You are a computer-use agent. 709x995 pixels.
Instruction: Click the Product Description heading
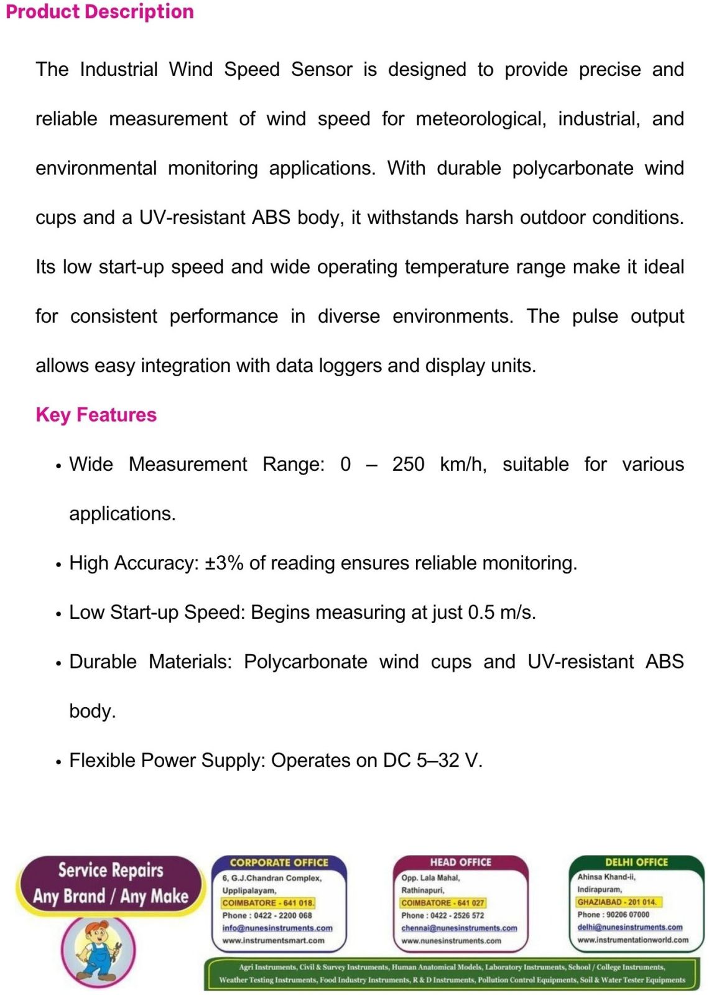(x=100, y=12)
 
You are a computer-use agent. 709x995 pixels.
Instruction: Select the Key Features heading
(x=96, y=415)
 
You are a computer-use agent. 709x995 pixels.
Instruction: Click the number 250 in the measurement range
(x=408, y=465)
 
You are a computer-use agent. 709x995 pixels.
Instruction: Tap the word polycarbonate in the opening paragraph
(x=572, y=169)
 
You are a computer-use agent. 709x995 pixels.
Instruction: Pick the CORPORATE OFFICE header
(x=279, y=863)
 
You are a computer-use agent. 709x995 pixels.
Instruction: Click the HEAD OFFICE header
(x=460, y=862)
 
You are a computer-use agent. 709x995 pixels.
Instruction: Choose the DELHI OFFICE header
(x=636, y=862)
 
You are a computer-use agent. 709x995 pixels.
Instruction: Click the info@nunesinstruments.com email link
(x=277, y=928)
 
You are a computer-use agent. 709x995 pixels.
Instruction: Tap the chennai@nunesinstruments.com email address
(x=459, y=928)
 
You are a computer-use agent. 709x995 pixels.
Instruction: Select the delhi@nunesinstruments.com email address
(x=629, y=927)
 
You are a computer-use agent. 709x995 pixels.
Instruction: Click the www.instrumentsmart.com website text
(x=273, y=940)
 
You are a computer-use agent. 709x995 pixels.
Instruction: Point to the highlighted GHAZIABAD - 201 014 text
(x=616, y=902)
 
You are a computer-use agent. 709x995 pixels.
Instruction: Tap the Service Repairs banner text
(x=111, y=870)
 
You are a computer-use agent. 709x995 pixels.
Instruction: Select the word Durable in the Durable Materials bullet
(x=103, y=662)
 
